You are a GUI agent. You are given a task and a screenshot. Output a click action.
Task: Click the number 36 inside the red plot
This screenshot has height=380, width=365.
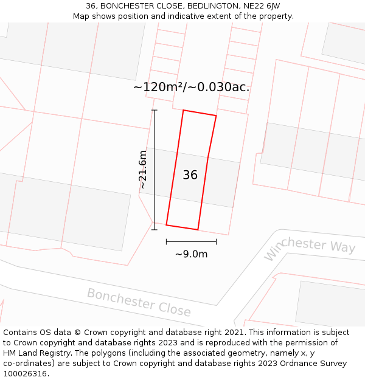pyautogui.click(x=190, y=175)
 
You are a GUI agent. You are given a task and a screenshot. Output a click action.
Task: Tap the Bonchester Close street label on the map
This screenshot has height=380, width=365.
pyautogui.click(x=139, y=302)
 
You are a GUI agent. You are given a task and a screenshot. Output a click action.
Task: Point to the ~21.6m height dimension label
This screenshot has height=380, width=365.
pyautogui.click(x=143, y=169)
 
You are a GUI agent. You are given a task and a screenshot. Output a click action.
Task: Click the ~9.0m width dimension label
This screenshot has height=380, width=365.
pyautogui.click(x=191, y=254)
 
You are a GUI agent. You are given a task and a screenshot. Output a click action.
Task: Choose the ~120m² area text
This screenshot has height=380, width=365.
pyautogui.click(x=158, y=87)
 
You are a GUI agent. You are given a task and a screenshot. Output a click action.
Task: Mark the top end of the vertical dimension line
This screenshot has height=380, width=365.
pyautogui.click(x=155, y=110)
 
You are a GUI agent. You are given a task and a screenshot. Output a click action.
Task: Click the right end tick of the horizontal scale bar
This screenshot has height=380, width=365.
pyautogui.click(x=216, y=241)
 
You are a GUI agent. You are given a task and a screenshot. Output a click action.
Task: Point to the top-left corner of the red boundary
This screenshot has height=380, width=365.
pyautogui.click(x=183, y=110)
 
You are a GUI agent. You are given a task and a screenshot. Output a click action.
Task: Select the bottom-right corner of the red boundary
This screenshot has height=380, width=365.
pyautogui.click(x=198, y=230)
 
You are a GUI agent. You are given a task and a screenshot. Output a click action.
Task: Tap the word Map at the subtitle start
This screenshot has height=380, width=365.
pyautogui.click(x=82, y=16)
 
